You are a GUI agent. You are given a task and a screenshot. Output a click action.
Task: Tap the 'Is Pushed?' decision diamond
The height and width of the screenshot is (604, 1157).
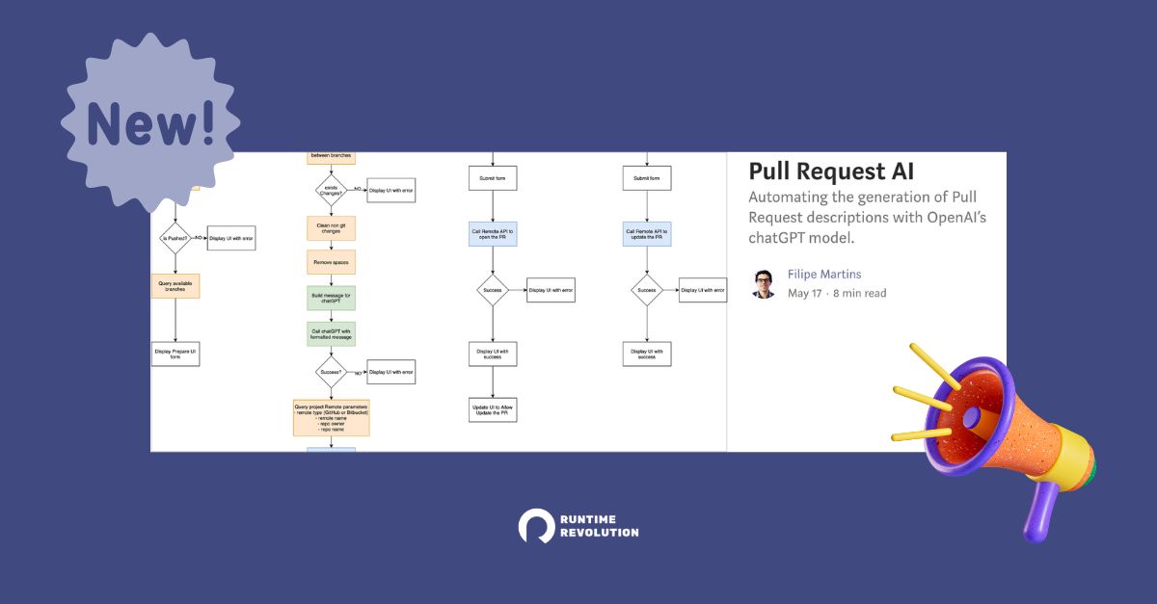pyautogui.click(x=175, y=237)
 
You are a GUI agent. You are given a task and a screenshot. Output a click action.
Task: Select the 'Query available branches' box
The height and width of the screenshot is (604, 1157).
pyautogui.click(x=175, y=285)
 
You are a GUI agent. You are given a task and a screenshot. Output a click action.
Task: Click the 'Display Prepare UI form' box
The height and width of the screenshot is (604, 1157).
pyautogui.click(x=175, y=354)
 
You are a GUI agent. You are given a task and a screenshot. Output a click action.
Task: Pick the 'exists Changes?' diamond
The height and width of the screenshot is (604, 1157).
pyautogui.click(x=331, y=189)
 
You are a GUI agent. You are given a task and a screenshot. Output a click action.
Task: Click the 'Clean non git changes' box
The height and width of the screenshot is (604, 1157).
pyautogui.click(x=331, y=228)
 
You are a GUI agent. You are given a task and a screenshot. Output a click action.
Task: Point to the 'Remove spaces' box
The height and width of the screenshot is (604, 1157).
pyautogui.click(x=331, y=263)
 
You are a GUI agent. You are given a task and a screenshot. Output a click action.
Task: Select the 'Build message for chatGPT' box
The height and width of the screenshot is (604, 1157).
pyautogui.click(x=331, y=298)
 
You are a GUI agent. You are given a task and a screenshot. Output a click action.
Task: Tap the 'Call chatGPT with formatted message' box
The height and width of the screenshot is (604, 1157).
pyautogui.click(x=331, y=333)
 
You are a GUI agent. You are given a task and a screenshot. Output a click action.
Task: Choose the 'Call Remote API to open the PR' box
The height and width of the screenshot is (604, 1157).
pyautogui.click(x=493, y=232)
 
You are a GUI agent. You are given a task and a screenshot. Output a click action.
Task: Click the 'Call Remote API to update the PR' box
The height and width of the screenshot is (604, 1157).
pyautogui.click(x=646, y=232)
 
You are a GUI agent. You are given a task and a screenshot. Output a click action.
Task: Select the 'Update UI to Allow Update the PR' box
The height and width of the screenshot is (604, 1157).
pyautogui.click(x=493, y=409)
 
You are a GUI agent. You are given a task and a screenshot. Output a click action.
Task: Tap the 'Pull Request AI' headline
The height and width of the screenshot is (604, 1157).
pyautogui.click(x=831, y=171)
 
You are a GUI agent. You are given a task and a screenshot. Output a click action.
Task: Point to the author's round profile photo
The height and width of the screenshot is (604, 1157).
pyautogui.click(x=764, y=284)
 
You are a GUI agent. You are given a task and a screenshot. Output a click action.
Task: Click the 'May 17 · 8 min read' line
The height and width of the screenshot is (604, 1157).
pyautogui.click(x=836, y=293)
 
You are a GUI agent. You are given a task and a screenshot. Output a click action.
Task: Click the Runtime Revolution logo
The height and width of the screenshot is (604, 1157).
pyautogui.click(x=578, y=525)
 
